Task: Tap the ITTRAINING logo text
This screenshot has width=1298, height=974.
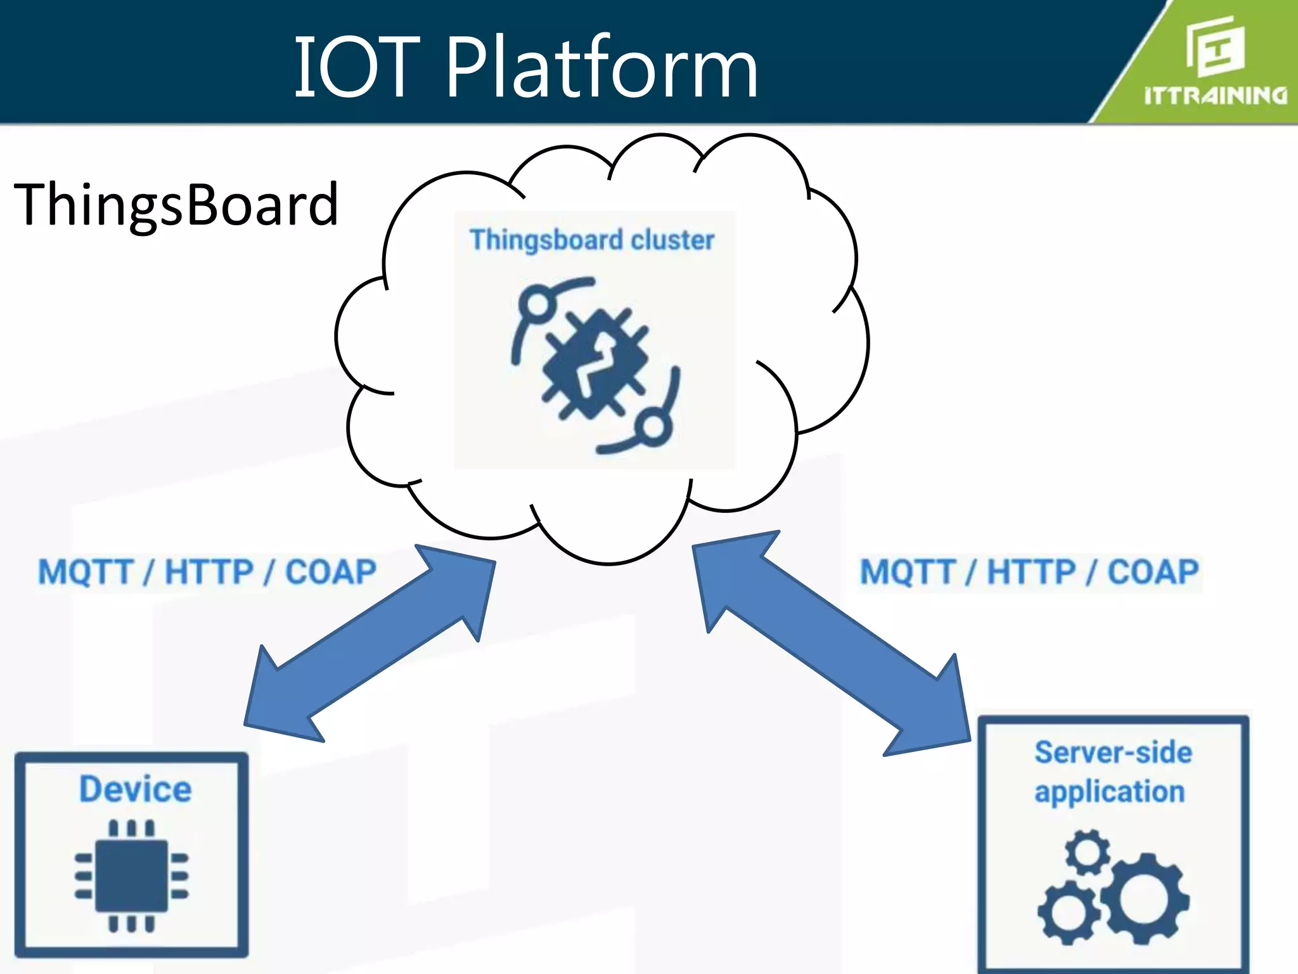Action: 1216,96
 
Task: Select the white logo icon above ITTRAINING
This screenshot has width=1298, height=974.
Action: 1214,46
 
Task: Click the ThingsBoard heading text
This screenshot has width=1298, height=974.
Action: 176,204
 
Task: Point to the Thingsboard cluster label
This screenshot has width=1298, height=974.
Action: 592,240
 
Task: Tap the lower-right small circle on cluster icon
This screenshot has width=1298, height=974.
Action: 653,428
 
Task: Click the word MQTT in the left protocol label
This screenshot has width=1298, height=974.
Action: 85,572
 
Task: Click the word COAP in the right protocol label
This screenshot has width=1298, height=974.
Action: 1153,572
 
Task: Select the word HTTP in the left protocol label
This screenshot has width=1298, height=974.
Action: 209,572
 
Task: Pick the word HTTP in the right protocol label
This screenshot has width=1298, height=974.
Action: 1031,572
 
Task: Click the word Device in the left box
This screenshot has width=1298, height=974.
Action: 135,789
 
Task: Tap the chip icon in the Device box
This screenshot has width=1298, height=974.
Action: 132,876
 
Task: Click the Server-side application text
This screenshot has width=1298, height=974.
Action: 1112,772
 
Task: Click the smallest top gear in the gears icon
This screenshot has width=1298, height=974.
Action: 1088,852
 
